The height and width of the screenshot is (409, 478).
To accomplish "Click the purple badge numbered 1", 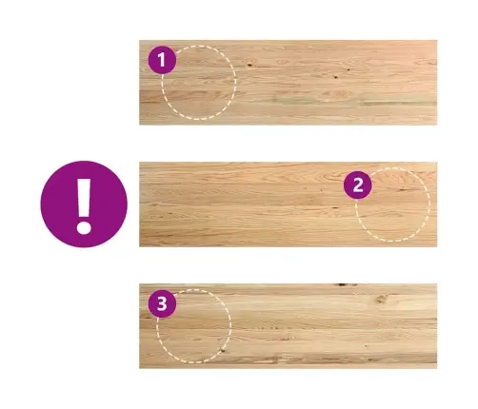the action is [162, 60].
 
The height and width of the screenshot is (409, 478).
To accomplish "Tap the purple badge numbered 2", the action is [358, 185].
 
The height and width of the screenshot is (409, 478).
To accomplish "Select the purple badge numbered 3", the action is [162, 303].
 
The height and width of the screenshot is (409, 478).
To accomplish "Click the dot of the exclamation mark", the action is [84, 227].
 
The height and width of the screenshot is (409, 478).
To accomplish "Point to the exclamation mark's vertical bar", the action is [84, 198].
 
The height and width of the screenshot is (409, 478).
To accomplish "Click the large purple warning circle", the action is [84, 204].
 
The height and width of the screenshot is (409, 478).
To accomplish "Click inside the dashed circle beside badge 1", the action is [199, 83].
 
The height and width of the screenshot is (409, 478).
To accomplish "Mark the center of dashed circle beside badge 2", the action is [392, 204].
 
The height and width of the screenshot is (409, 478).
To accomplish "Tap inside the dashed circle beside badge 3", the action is [194, 326].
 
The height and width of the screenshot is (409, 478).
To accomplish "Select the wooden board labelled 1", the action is [289, 83].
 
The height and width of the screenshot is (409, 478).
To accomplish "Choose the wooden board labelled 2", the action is [289, 204].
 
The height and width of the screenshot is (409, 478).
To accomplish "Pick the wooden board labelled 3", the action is [289, 326].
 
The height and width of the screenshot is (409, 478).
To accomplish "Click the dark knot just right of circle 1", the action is [249, 65].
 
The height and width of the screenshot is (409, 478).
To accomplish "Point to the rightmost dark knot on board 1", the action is [349, 69].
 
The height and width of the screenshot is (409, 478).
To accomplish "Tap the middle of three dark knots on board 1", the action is [335, 76].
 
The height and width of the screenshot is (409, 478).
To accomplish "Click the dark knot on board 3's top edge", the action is [343, 284].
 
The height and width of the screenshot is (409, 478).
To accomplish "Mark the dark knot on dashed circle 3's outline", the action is [223, 350].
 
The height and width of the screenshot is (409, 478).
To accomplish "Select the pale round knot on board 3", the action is [381, 299].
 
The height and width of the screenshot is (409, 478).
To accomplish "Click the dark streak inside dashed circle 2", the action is [403, 189].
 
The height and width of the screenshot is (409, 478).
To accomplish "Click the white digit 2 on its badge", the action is [358, 185].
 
